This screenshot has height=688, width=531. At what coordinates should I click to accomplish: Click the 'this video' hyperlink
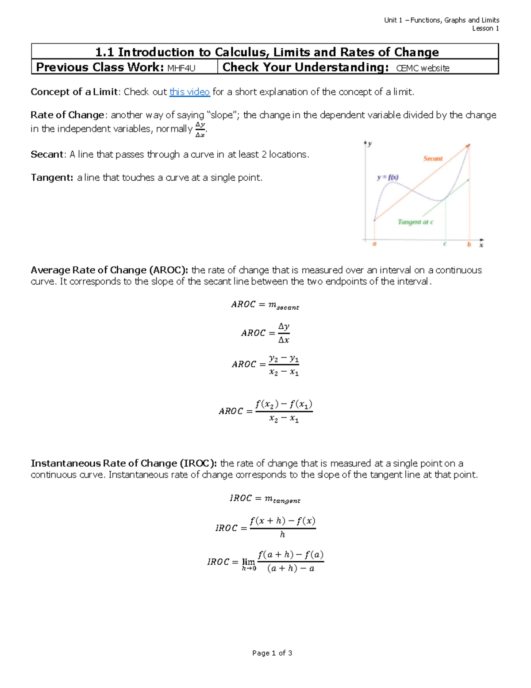tap(189, 92)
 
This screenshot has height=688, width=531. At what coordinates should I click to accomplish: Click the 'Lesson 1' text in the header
tap(485, 28)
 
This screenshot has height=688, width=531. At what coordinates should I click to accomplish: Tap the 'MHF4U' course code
tap(181, 68)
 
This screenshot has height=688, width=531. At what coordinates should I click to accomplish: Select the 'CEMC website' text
tap(423, 68)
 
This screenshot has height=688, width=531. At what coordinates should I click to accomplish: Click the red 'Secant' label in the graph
tap(432, 159)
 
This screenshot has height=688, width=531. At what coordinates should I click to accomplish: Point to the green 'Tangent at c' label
tap(415, 222)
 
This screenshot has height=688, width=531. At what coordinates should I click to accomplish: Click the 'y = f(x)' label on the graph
tap(388, 178)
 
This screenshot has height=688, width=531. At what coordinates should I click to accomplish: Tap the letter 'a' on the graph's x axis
tap(374, 244)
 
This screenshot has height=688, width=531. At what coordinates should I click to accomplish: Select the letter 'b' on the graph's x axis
tap(469, 244)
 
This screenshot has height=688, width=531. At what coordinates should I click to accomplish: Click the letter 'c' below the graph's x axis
tap(445, 244)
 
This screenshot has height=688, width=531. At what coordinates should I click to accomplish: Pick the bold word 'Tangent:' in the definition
tap(52, 178)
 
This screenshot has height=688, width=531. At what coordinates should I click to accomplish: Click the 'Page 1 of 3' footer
tap(272, 653)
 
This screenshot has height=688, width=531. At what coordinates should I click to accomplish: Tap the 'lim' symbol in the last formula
tap(248, 562)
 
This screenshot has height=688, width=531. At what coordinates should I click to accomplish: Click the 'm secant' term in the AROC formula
tap(284, 305)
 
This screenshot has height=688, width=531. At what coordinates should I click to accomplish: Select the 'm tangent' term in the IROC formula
tap(282, 499)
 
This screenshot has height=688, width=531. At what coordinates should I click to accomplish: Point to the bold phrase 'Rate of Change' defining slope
tap(67, 115)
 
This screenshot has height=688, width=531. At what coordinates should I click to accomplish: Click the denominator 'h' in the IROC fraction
tap(282, 535)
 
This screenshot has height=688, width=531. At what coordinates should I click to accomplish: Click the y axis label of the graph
tap(369, 144)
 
